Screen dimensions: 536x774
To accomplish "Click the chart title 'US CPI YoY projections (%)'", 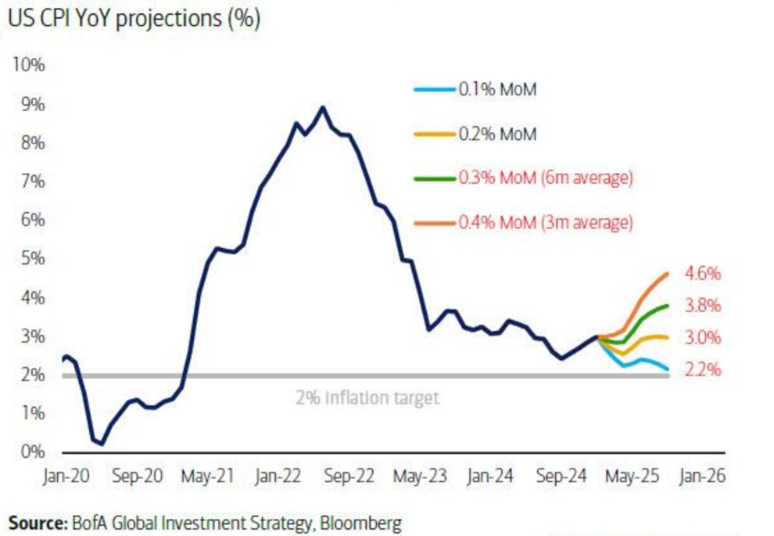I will pos(133,20).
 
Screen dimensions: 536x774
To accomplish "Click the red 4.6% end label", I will pos(702,275).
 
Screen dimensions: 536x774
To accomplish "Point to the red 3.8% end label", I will pos(702,306).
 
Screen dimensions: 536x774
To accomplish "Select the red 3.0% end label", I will pos(702,338).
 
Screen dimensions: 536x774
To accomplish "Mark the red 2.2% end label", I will pos(702,370).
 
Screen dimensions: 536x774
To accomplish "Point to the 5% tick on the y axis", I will pos(30,258).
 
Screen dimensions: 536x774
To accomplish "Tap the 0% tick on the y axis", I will pos(30,451).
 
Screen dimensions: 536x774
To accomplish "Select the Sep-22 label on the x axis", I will pos(349,477).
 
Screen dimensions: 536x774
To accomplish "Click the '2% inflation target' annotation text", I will pos(367,398).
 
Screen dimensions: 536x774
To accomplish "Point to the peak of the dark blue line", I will pos(322,107).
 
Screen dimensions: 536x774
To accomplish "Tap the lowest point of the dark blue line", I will pos(102,444).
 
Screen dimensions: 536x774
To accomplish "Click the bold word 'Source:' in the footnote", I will pos(36,521).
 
